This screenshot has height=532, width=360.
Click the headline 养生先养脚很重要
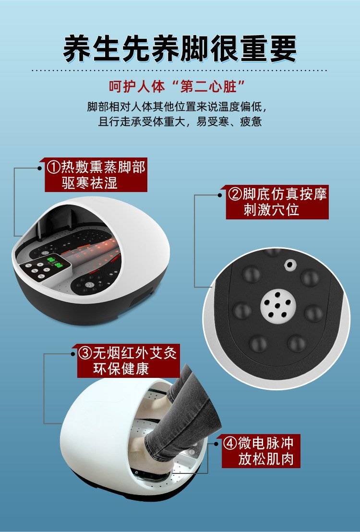180,49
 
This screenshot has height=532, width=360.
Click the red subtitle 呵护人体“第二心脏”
177,86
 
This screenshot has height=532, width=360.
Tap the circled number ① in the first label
53,167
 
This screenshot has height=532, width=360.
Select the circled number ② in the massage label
234,194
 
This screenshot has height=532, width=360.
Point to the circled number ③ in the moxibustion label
85,353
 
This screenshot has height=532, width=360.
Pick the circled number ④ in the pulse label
229,443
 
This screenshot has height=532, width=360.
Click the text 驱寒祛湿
90,183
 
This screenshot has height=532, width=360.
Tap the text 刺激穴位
271,210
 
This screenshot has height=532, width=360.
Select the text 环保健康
121,369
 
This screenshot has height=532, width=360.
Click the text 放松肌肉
266,459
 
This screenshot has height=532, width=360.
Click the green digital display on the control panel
55,262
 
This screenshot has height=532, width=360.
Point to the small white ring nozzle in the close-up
289,265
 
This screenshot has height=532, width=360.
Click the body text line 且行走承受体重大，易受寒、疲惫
180,121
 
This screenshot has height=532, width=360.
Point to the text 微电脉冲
265,443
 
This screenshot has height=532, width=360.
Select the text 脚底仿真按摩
285,194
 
